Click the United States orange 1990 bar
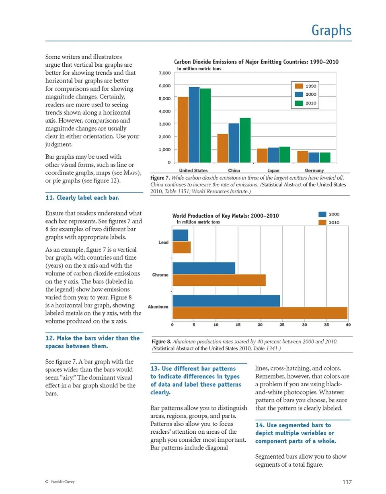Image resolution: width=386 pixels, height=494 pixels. pos(183,129)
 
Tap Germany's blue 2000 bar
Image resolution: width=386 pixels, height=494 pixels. pos(313,158)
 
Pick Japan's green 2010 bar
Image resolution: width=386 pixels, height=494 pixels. pos(284,155)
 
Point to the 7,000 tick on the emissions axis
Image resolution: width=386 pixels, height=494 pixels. pos(165,73)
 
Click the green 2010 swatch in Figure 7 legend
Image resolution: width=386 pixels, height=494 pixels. pos(299,103)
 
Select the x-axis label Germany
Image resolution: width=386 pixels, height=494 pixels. pos(314,170)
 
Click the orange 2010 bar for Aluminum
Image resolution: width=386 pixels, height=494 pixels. pos(259,313)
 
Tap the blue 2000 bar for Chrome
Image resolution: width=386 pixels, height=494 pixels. pos(203,268)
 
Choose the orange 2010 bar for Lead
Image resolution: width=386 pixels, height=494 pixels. pos(181,247)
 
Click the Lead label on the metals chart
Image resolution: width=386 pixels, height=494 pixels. pos(163,242)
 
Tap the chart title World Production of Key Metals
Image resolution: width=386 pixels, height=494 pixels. pos(225,216)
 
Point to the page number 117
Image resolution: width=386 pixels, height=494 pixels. pos(347,482)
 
